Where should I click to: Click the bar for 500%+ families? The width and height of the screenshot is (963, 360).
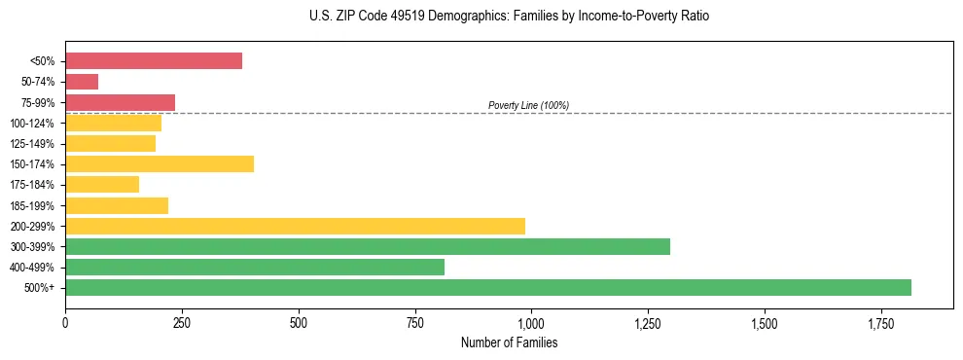[487, 287]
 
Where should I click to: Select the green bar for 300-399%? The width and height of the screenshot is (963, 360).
[368, 246]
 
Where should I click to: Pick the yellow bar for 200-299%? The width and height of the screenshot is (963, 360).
[295, 226]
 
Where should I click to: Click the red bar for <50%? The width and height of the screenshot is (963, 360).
[154, 61]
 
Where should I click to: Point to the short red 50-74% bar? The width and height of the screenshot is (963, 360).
[82, 82]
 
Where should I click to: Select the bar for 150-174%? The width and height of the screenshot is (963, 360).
[160, 163]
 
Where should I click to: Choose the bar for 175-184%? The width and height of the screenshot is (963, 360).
[102, 184]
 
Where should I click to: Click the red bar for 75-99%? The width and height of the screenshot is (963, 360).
[120, 102]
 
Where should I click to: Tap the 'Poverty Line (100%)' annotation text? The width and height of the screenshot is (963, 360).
[528, 105]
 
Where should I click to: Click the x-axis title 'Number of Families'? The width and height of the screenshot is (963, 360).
[509, 342]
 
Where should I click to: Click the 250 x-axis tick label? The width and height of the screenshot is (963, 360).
[182, 322]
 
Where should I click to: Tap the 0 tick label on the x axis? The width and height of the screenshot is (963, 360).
[65, 322]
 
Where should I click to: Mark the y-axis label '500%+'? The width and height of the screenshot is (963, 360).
[41, 288]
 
